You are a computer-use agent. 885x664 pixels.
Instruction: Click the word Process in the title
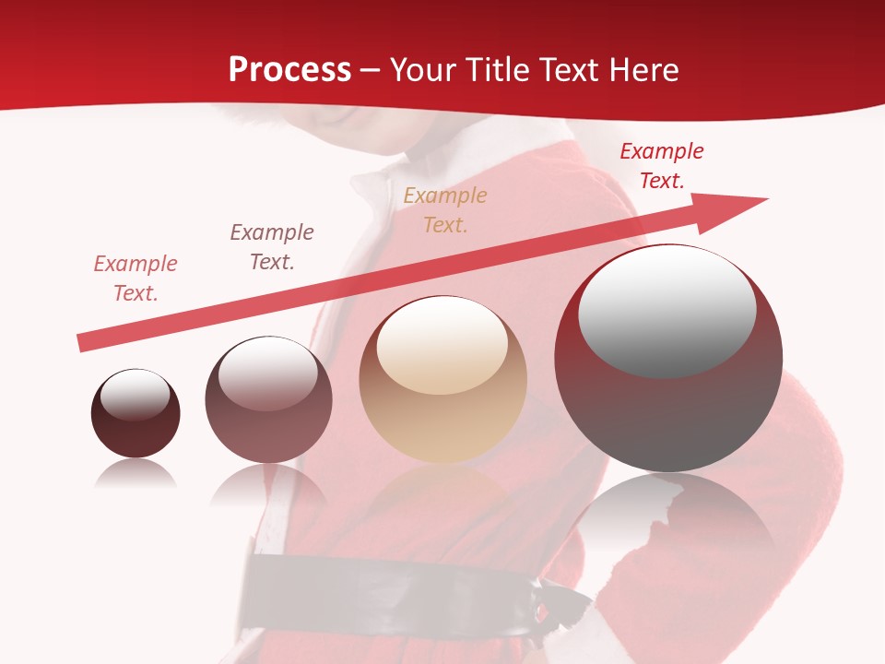[x=289, y=70]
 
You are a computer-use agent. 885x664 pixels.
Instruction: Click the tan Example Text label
[x=445, y=209]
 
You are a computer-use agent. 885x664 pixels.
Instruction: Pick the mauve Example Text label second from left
[x=271, y=246]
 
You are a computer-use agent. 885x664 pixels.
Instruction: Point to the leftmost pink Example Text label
[x=136, y=278]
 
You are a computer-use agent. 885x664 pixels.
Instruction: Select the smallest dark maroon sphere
[x=136, y=433]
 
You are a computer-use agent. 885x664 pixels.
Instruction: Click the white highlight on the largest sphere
[x=667, y=309]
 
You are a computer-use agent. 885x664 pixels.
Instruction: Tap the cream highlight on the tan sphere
[x=442, y=346]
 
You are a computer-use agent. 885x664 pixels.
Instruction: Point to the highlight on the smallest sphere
[x=135, y=396]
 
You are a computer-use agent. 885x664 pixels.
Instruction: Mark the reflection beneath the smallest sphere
[x=136, y=474]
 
